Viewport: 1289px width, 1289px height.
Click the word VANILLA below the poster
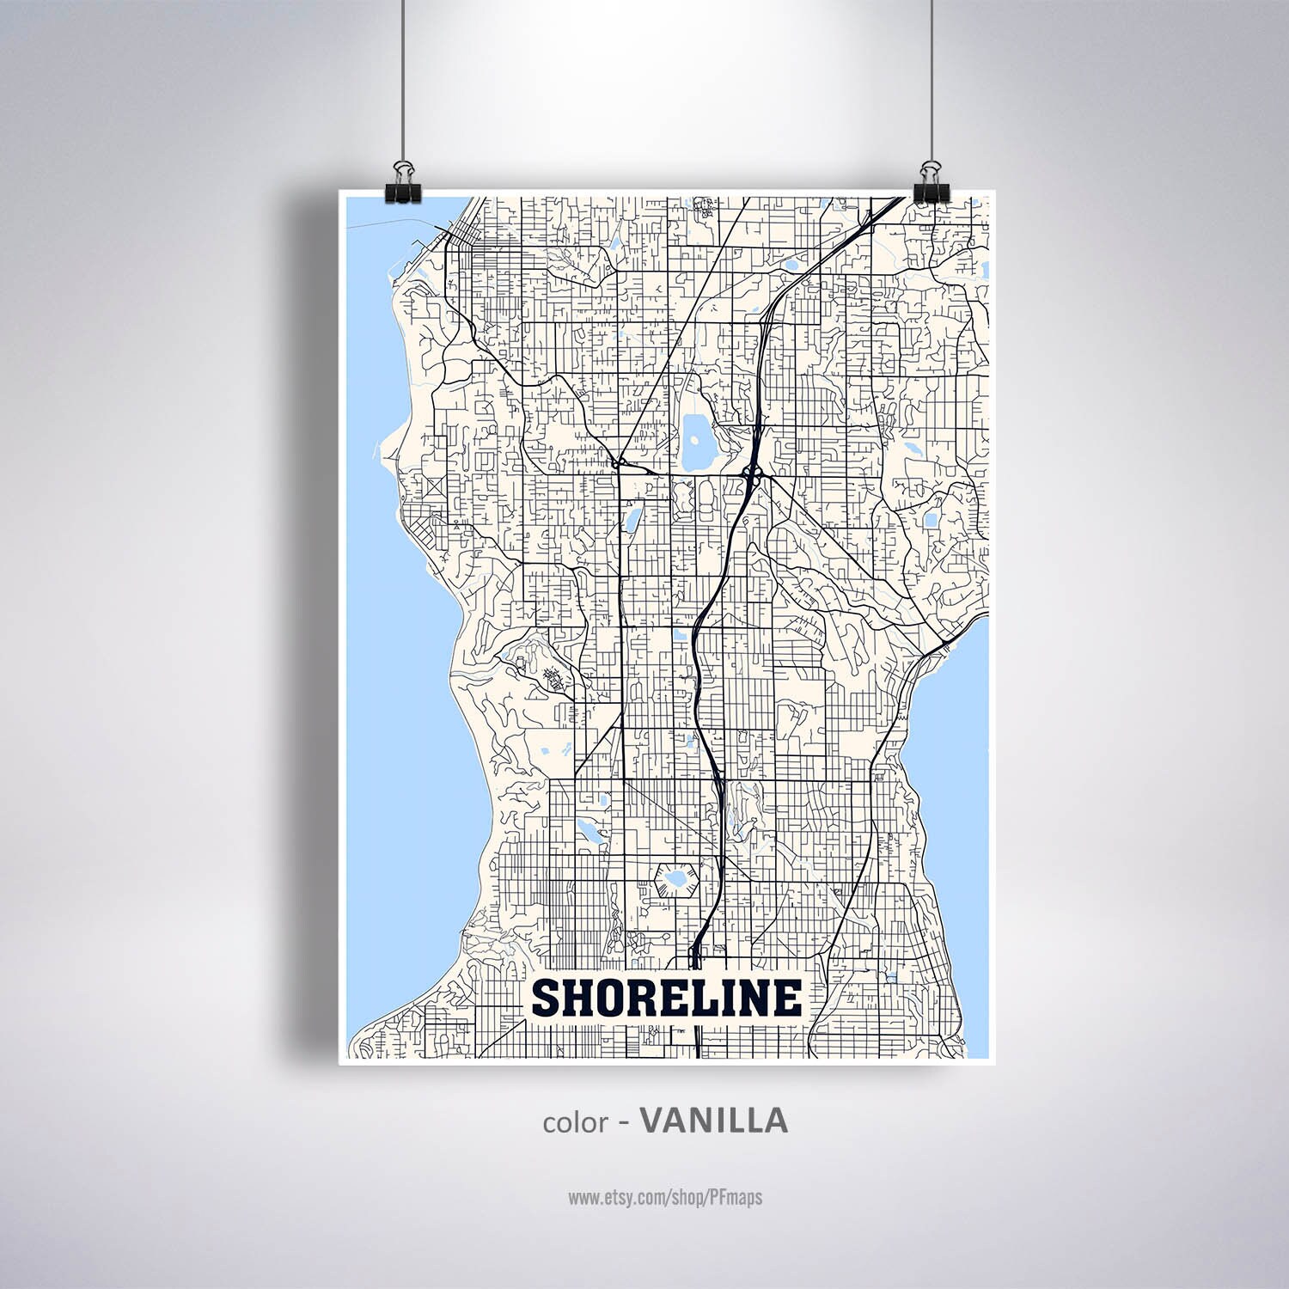(x=714, y=1121)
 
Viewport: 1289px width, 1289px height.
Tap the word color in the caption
(x=574, y=1123)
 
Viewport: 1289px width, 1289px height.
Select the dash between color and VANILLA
(x=625, y=1122)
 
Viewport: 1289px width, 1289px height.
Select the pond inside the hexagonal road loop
(x=674, y=879)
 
